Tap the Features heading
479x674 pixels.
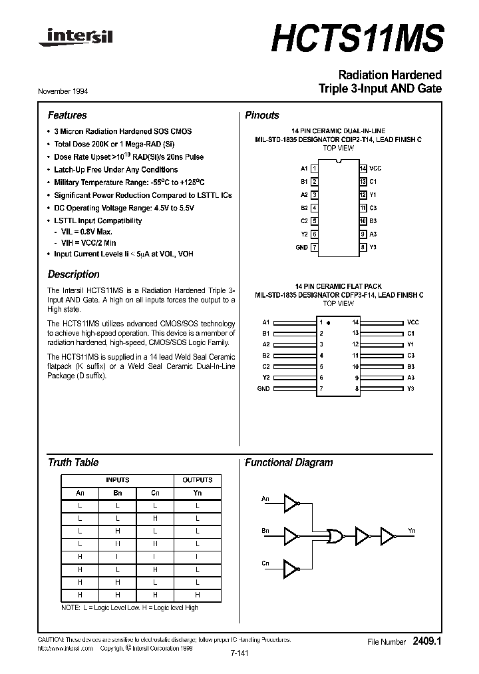(x=67, y=115)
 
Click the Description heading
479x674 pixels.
(x=74, y=274)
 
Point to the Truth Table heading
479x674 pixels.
(x=73, y=462)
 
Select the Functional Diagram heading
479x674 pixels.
(x=289, y=462)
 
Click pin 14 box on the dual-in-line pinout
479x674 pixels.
(x=363, y=168)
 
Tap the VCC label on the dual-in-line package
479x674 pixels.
(x=375, y=168)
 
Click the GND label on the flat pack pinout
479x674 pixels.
(x=263, y=388)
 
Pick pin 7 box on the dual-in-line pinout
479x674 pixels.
(x=314, y=247)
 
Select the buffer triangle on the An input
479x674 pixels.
(x=291, y=504)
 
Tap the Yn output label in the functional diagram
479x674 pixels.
(x=412, y=530)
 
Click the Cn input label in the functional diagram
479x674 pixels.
(x=265, y=563)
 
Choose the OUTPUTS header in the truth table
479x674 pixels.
(x=198, y=480)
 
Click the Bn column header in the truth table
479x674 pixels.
(x=118, y=493)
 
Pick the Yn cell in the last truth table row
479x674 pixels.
(x=198, y=595)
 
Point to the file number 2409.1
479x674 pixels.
(x=426, y=641)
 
